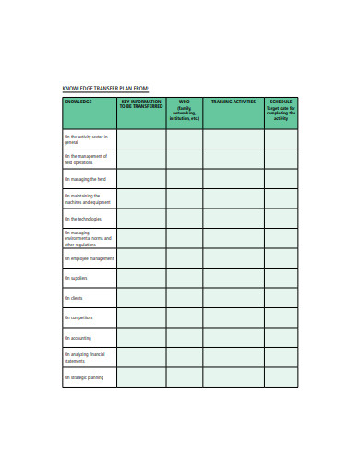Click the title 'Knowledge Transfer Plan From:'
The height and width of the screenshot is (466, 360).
click(x=105, y=89)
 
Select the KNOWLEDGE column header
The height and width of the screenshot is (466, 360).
click(x=78, y=101)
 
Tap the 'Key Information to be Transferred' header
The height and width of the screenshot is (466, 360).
click(x=141, y=103)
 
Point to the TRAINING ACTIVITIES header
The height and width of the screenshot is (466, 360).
click(x=234, y=101)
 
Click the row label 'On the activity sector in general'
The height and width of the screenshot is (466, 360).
click(x=86, y=139)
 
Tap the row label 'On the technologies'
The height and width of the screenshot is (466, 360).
click(x=83, y=219)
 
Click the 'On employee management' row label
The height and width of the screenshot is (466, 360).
click(x=89, y=258)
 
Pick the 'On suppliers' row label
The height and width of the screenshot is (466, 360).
click(x=76, y=278)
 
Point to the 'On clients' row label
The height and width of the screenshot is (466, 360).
click(x=74, y=298)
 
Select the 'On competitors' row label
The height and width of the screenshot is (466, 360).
click(x=78, y=318)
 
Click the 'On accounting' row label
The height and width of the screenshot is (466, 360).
click(x=78, y=338)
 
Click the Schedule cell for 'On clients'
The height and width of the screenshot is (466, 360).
click(x=282, y=298)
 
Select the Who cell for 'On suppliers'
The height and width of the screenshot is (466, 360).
click(x=184, y=278)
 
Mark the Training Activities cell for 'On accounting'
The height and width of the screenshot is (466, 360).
click(x=234, y=338)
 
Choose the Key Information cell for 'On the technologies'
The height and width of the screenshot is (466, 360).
click(x=141, y=219)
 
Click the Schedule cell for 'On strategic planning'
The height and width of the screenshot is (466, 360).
click(x=282, y=377)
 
